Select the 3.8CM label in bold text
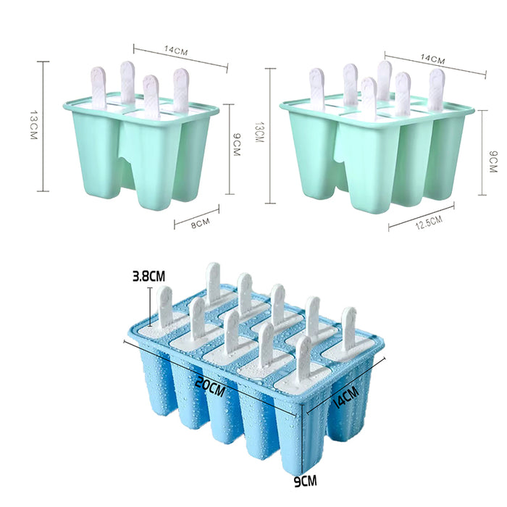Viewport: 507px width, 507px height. tap(149, 276)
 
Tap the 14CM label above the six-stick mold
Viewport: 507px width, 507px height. tap(432, 59)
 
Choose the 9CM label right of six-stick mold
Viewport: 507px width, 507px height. tap(493, 162)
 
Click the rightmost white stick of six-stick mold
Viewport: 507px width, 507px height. tap(436, 88)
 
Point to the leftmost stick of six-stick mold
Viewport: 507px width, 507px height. tap(317, 88)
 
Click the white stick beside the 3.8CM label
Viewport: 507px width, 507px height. tap(165, 306)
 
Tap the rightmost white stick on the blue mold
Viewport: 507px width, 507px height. tap(348, 330)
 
